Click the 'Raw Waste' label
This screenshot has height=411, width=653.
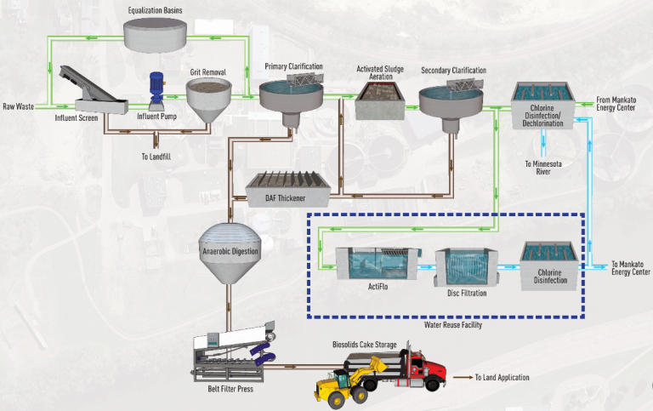point(19,107)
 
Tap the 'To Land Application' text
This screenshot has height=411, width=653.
point(502,377)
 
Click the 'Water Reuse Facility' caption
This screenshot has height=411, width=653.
point(446,325)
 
